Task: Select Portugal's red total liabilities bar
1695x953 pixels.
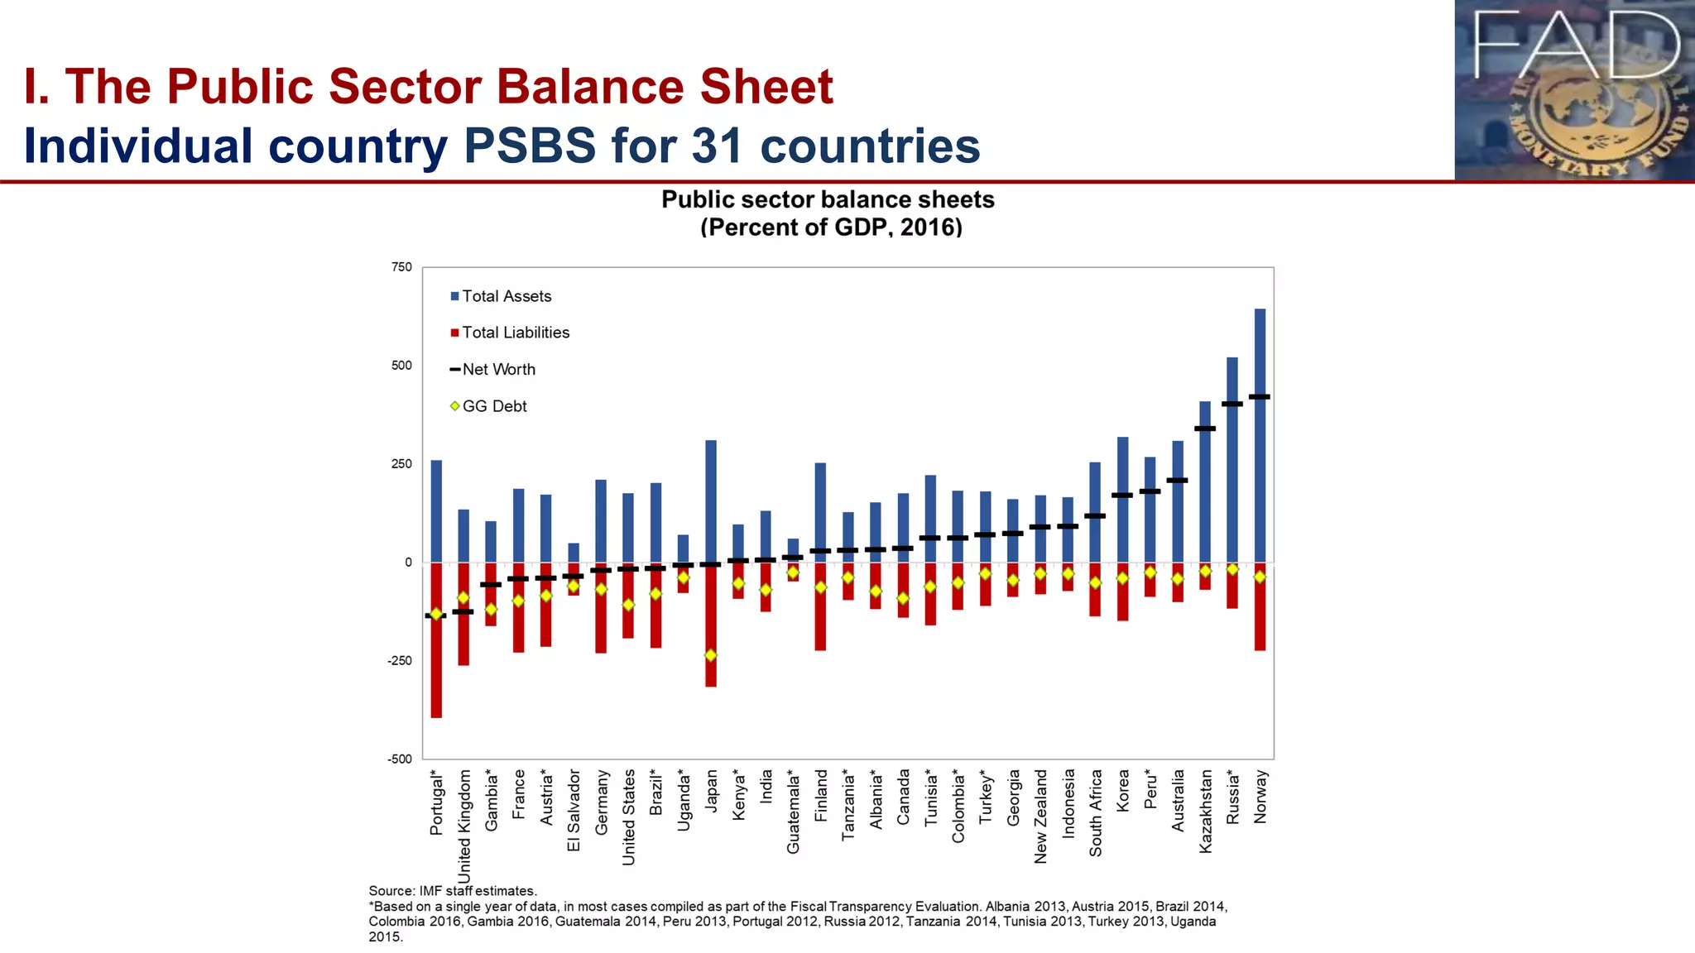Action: (x=436, y=662)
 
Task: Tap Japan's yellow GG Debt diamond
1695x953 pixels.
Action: (x=710, y=655)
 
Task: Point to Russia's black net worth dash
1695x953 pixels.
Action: (x=1232, y=404)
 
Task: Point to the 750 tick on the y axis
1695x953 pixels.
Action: (x=401, y=267)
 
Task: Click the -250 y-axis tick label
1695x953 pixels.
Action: (x=399, y=661)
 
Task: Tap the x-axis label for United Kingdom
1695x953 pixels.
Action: (x=464, y=826)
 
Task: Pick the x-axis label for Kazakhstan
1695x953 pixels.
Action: (x=1205, y=811)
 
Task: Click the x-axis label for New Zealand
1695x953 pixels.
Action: (x=1040, y=817)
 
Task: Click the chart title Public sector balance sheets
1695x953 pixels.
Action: (x=828, y=199)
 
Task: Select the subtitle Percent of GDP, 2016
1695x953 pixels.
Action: (x=831, y=227)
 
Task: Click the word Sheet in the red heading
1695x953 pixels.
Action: (x=766, y=86)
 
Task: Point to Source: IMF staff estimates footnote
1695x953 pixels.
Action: (x=453, y=891)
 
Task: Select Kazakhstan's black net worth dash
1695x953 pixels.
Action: (x=1205, y=429)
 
